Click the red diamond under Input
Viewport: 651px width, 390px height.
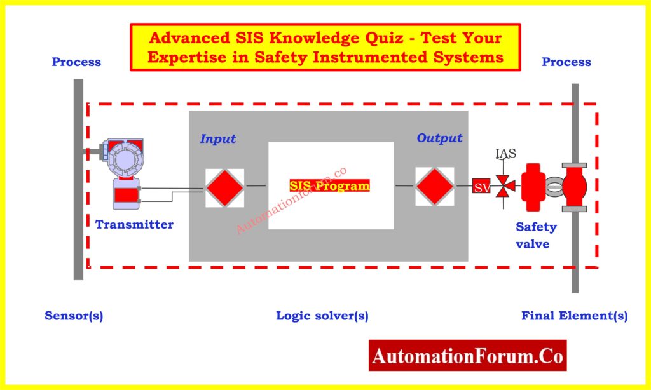pyautogui.click(x=224, y=187)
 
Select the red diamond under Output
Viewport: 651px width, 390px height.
pyautogui.click(x=434, y=186)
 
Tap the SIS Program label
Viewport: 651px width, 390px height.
pyautogui.click(x=329, y=186)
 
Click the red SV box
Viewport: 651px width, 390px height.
pyautogui.click(x=481, y=187)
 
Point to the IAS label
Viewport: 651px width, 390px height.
pyautogui.click(x=505, y=153)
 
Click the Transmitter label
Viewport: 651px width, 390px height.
pyautogui.click(x=134, y=224)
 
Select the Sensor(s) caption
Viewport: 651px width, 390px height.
pyautogui.click(x=74, y=316)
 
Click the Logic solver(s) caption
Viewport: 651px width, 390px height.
pyautogui.click(x=322, y=316)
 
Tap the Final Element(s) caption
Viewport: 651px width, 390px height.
pyautogui.click(x=575, y=316)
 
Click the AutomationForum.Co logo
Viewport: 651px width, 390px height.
pyautogui.click(x=467, y=356)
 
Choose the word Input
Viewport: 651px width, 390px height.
pyautogui.click(x=218, y=138)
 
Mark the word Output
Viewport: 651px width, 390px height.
pyautogui.click(x=439, y=138)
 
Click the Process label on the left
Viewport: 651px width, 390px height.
pyautogui.click(x=76, y=62)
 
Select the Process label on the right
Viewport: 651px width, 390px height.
pyautogui.click(x=566, y=62)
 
